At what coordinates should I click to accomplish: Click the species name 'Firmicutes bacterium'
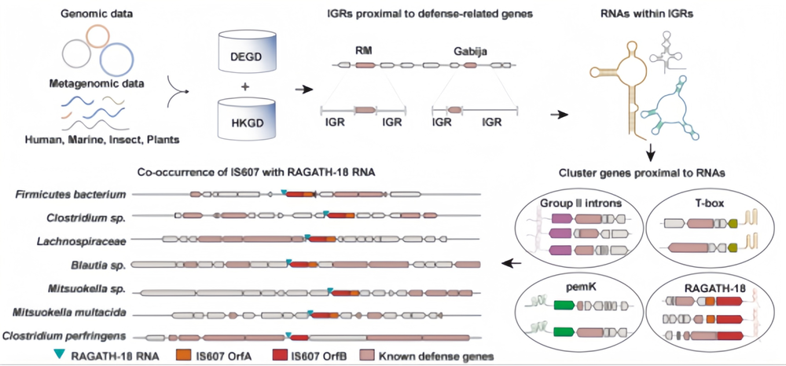81,193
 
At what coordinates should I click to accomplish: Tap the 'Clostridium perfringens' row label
71,336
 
